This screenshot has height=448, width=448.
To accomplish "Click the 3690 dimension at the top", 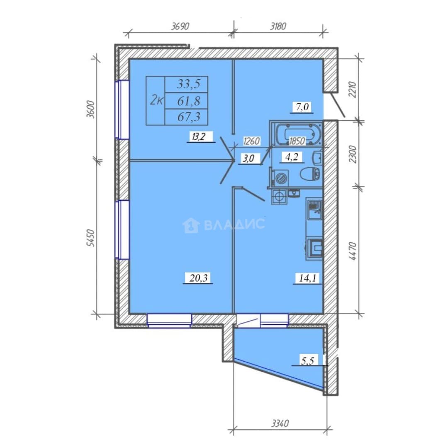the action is tap(180, 26).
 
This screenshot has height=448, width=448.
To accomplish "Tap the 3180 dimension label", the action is tap(278, 26).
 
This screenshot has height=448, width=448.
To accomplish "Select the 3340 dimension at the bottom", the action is tap(280, 423).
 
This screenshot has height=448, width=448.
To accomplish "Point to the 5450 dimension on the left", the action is tap(90, 238).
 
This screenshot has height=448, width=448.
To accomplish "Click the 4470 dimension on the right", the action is tap(353, 251).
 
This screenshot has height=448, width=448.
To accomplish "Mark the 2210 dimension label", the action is tap(353, 90).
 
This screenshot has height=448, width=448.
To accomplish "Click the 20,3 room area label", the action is tap(198, 278).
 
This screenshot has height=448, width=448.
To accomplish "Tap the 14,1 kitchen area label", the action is tap(308, 278).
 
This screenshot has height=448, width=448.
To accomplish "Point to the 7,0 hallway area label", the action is tap(302, 107).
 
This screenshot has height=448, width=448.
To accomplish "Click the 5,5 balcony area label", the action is tap(307, 360).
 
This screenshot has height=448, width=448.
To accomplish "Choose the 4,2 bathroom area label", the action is tap(292, 156).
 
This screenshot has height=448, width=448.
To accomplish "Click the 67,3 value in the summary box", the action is tap(189, 117).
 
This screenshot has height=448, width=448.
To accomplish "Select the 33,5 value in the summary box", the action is tap(189, 84).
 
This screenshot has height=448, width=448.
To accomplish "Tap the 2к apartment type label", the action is tap(156, 100).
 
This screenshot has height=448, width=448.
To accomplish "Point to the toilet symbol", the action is tap(310, 173).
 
